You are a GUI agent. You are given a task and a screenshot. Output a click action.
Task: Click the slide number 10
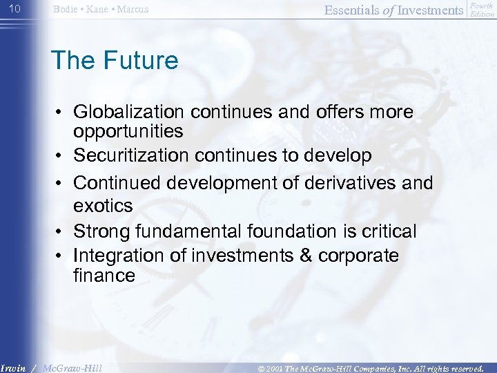click(x=16, y=8)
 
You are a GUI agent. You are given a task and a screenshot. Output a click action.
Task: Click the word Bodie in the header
click(x=66, y=9)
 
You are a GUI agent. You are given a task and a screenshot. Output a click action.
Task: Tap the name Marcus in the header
click(x=132, y=9)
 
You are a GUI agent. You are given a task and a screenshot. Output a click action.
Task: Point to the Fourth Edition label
click(x=481, y=9)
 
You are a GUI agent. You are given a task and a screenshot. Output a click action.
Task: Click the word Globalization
click(x=130, y=112)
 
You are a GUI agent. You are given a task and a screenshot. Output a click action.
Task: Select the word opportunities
click(x=128, y=131)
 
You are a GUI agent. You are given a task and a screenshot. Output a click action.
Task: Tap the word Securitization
click(x=131, y=156)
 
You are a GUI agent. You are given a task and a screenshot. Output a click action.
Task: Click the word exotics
click(x=104, y=205)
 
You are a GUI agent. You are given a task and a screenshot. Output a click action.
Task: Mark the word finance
click(x=104, y=276)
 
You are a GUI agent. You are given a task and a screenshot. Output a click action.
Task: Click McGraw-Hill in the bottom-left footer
click(x=72, y=367)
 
